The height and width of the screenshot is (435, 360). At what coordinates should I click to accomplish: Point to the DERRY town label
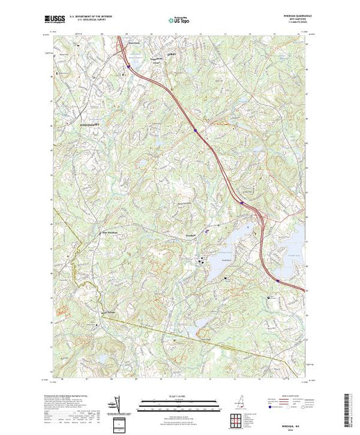click(x=162, y=51)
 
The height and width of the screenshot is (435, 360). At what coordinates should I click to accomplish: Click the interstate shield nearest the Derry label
click(x=129, y=67)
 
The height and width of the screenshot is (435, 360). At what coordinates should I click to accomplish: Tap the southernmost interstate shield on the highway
click(x=278, y=280)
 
